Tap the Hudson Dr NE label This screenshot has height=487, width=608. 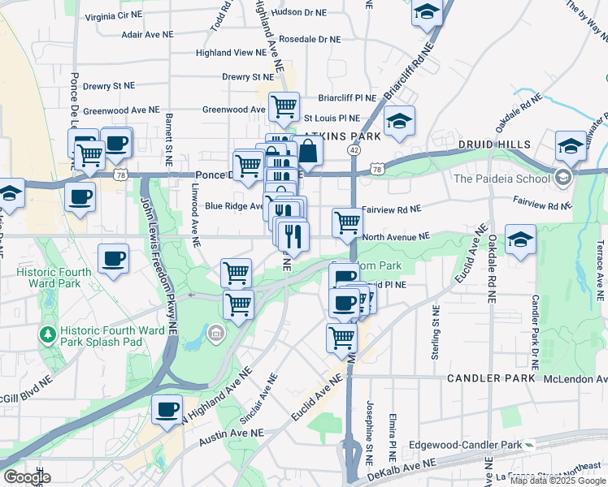(299, 13)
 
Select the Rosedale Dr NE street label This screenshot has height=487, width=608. (309, 39)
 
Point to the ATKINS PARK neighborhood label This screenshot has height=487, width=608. (342, 137)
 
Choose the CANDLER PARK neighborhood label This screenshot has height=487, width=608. (491, 378)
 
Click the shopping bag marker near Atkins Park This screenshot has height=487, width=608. (309, 151)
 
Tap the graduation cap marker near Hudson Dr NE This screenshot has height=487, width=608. (425, 14)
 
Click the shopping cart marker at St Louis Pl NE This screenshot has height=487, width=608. (284, 106)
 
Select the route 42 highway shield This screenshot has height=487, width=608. (354, 150)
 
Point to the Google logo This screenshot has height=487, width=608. (27, 477)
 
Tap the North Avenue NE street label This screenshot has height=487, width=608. (396, 237)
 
